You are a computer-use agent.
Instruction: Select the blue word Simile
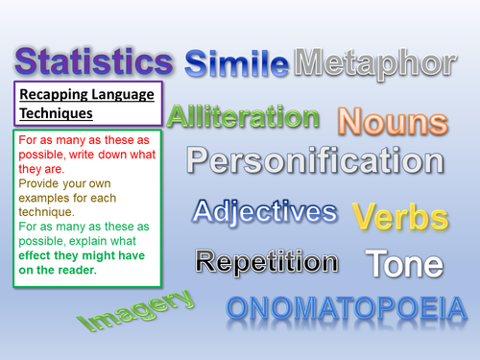[x=236, y=64]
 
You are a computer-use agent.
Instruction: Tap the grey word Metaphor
[x=373, y=63]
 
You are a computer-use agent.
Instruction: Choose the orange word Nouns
[x=393, y=122]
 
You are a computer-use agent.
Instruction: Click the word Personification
[x=316, y=160]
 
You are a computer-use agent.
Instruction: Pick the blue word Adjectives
[x=265, y=212]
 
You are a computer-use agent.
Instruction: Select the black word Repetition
[x=266, y=260]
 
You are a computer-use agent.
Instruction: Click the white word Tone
[x=404, y=264]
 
